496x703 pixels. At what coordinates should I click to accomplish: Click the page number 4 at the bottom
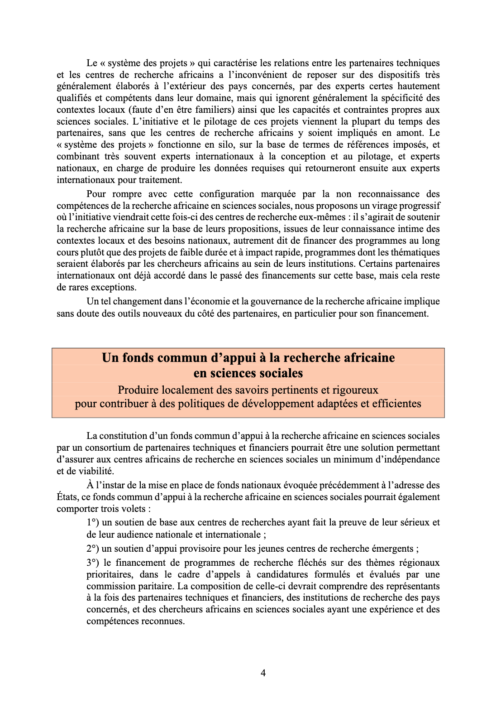click(x=263, y=673)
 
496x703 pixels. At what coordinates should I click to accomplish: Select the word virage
click(x=367, y=206)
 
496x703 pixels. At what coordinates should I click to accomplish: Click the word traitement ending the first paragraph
click(x=161, y=180)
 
